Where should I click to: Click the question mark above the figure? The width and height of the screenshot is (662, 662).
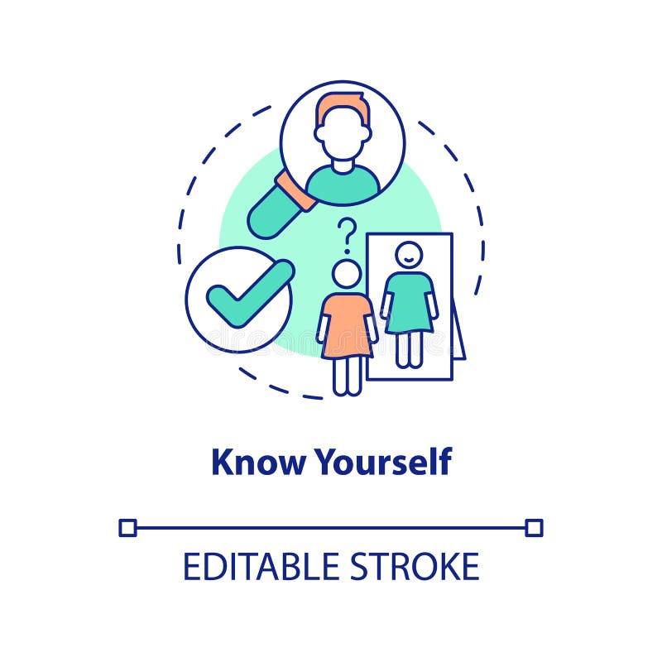(348, 234)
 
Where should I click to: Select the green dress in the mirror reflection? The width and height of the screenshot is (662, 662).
(409, 301)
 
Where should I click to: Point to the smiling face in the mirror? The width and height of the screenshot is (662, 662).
(408, 255)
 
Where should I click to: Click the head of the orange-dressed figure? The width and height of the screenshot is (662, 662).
(347, 274)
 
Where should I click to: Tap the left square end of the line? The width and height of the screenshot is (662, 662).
(127, 527)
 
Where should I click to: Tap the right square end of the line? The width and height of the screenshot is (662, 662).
(534, 527)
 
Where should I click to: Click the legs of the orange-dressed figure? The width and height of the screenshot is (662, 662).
(347, 376)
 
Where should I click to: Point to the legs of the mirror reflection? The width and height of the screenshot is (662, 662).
(408, 348)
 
